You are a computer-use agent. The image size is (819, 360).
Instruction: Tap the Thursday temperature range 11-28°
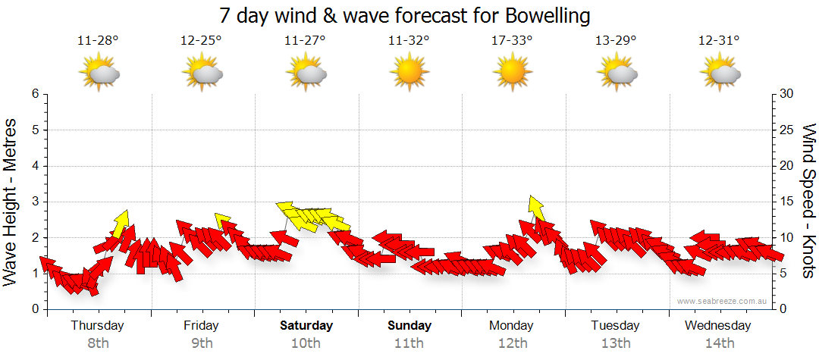98,40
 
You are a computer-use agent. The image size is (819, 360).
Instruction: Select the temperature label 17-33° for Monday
512,40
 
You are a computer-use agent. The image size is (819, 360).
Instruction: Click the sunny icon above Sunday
408,72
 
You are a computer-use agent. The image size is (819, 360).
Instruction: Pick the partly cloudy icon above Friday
202,73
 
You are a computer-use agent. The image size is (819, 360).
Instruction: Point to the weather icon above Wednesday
719,73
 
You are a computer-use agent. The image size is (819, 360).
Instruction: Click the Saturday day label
306,326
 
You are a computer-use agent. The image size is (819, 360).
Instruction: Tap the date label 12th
513,343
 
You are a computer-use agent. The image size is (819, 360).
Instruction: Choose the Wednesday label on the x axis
717,326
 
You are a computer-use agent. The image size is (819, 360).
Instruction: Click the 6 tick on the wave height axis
34,94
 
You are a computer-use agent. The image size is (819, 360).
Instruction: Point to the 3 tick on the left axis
34,202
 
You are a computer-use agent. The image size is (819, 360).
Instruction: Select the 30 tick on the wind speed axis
787,94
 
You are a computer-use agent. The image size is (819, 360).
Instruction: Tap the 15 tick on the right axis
787,202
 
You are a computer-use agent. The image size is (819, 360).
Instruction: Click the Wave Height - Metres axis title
11,202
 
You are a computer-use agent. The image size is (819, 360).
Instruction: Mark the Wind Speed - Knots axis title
808,202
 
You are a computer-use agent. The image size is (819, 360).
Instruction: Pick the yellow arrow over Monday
536,208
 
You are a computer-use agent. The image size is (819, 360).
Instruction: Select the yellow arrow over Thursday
121,223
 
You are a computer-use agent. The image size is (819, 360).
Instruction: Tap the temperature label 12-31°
719,40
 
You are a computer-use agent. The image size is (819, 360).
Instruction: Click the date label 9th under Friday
201,343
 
